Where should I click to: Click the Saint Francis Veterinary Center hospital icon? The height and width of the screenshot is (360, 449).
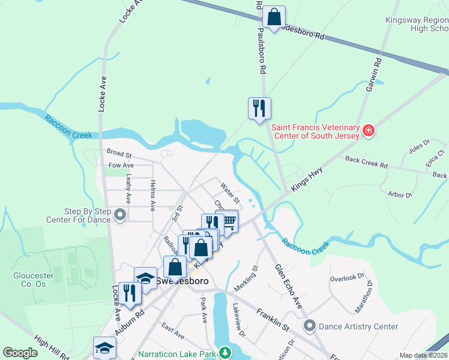[369, 130]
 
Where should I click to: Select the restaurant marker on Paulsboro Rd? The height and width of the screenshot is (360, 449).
[259, 109]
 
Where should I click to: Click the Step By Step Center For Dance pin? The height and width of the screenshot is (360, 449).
[120, 214]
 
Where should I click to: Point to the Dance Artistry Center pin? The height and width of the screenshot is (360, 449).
[310, 326]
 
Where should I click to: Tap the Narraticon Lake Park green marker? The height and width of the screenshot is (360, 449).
[224, 352]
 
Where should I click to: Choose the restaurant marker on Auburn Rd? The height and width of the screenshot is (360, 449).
[130, 293]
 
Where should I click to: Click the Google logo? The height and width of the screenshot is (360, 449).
[20, 353]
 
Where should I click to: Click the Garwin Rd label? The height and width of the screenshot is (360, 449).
[373, 75]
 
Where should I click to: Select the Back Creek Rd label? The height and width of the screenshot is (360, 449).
[366, 161]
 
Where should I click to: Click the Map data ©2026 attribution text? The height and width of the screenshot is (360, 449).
[423, 355]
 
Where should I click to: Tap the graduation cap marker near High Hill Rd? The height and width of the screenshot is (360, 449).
[104, 348]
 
